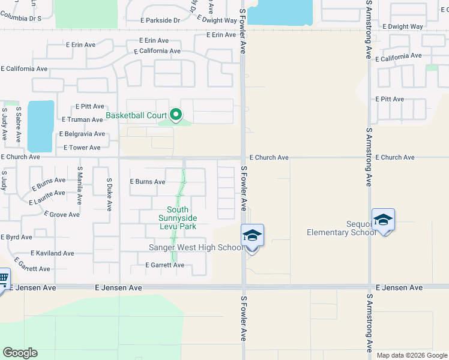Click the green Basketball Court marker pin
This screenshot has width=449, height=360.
(176, 113)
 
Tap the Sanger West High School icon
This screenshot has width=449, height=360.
(252, 235)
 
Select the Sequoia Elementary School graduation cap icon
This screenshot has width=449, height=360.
(383, 220)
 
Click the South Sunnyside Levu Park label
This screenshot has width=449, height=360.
(178, 218)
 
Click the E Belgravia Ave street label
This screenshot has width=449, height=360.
(82, 134)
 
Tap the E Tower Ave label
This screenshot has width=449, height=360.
(82, 148)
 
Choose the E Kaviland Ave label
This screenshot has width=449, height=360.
(52, 253)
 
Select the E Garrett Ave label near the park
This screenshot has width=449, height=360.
(164, 265)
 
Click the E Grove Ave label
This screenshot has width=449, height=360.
(61, 214)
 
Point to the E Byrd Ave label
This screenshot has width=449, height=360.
(16, 238)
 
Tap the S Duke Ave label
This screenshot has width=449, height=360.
(109, 194)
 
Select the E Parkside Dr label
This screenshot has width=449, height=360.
(160, 20)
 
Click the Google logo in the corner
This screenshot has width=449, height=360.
(20, 353)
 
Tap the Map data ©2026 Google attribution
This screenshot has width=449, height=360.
(411, 355)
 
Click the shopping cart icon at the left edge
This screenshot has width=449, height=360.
(3, 278)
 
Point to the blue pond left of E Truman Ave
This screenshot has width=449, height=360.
(40, 126)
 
